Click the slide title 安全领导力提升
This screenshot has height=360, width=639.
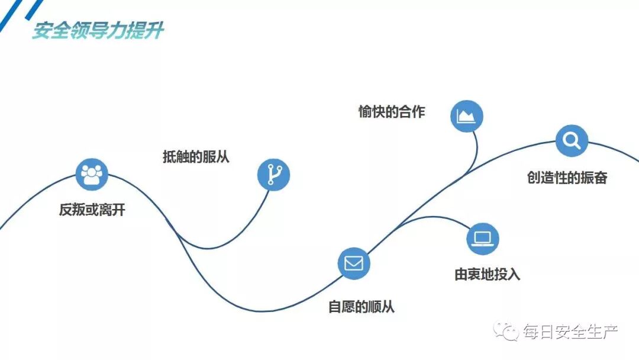98,31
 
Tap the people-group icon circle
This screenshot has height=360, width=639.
92,175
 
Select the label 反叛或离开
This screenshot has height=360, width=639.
92,210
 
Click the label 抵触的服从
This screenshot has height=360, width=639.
196,157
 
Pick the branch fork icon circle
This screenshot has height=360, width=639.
274,175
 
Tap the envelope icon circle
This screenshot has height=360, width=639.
354,263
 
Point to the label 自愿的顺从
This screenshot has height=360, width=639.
361,307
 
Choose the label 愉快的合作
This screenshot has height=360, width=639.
391,112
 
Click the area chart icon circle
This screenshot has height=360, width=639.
467,115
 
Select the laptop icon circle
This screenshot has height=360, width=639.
483,239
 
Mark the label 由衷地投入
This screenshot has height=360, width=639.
487,274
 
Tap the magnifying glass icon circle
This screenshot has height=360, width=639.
572,141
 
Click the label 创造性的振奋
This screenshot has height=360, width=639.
567,177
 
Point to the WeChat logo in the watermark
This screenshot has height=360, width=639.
506,332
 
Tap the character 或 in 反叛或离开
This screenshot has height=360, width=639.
92,210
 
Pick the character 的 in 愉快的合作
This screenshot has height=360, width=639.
391,112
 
